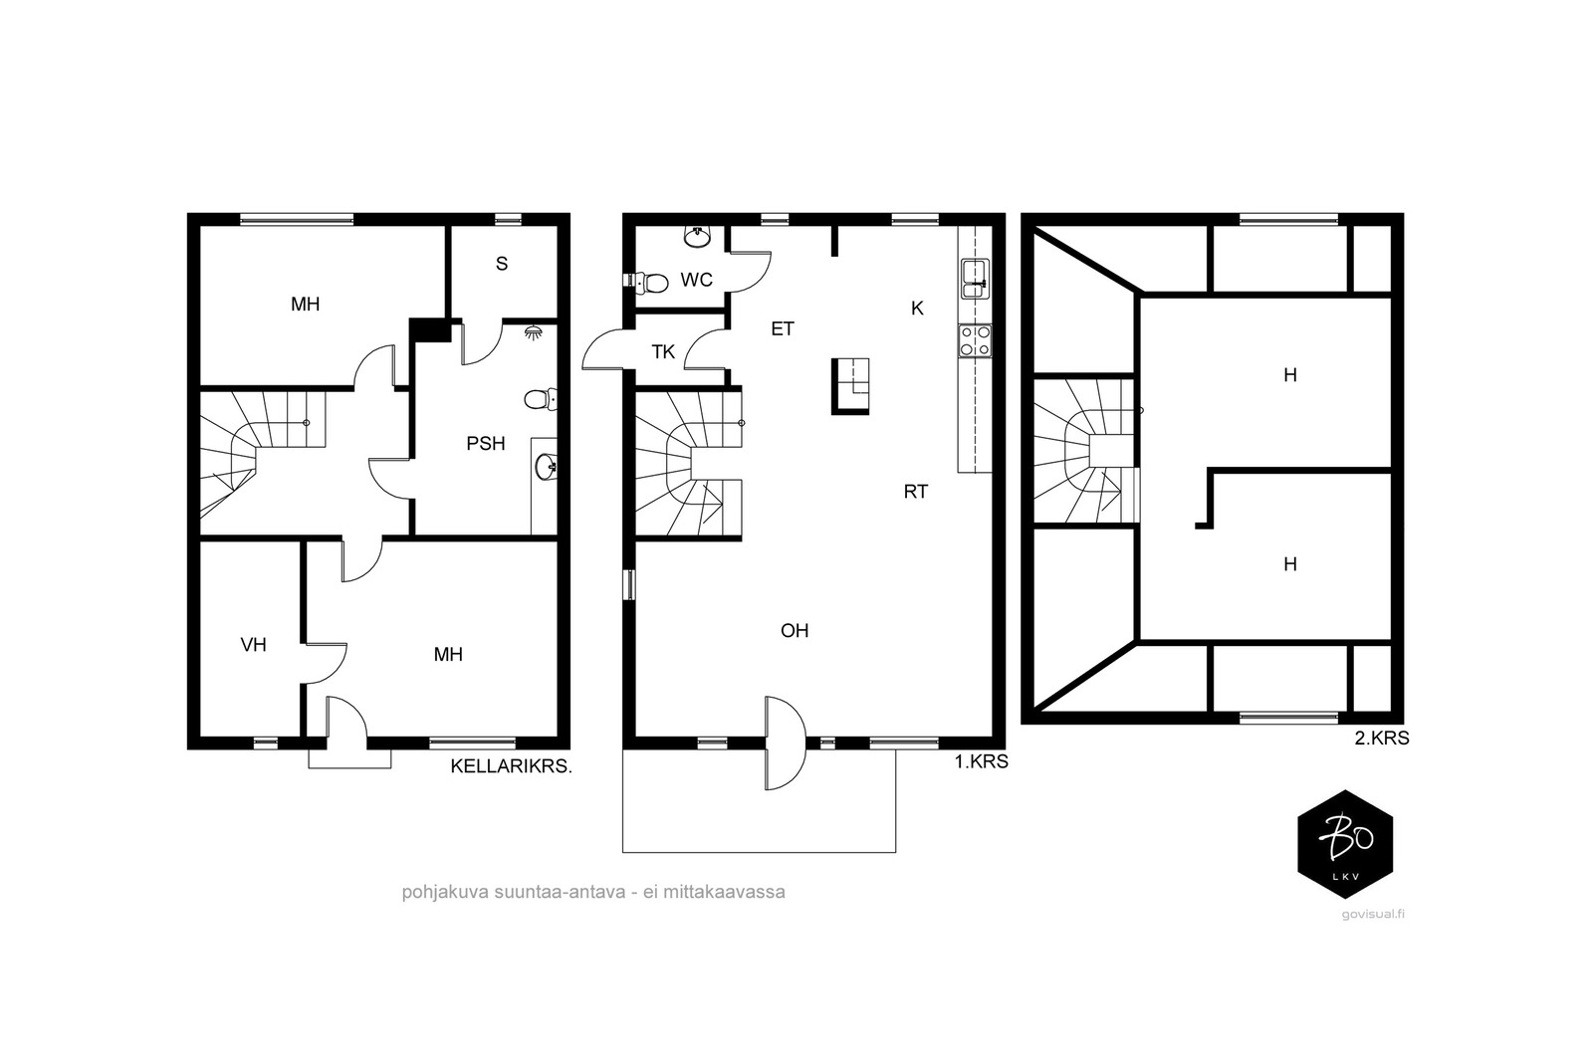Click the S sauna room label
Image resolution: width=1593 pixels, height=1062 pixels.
pyautogui.click(x=502, y=264)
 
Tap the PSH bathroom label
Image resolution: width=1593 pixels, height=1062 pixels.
pyautogui.click(x=486, y=444)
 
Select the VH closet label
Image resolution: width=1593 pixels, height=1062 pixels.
pyautogui.click(x=254, y=645)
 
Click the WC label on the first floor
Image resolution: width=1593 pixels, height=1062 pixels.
pyautogui.click(x=696, y=280)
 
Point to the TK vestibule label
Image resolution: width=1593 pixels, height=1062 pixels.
pyautogui.click(x=663, y=352)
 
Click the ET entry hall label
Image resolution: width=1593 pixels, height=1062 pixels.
pyautogui.click(x=783, y=328)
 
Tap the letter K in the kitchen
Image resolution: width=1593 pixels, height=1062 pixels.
pyautogui.click(x=917, y=309)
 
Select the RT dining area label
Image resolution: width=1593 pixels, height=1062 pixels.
pyautogui.click(x=916, y=492)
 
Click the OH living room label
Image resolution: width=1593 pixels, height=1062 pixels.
pyautogui.click(x=795, y=630)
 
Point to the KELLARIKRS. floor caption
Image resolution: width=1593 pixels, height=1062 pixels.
pyautogui.click(x=512, y=766)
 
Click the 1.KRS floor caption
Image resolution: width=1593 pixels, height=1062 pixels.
pyautogui.click(x=982, y=761)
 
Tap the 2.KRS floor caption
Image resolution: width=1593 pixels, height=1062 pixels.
pyautogui.click(x=1382, y=738)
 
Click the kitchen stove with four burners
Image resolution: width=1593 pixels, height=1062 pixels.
pyautogui.click(x=975, y=340)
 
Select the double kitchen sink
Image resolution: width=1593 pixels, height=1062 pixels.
pyautogui.click(x=975, y=280)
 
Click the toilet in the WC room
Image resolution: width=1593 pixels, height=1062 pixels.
pyautogui.click(x=646, y=283)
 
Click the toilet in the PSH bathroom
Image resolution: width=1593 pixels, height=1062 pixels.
pyautogui.click(x=541, y=399)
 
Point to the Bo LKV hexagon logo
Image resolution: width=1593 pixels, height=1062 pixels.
pyautogui.click(x=1345, y=844)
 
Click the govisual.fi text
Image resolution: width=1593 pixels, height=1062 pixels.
pyautogui.click(x=1373, y=914)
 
